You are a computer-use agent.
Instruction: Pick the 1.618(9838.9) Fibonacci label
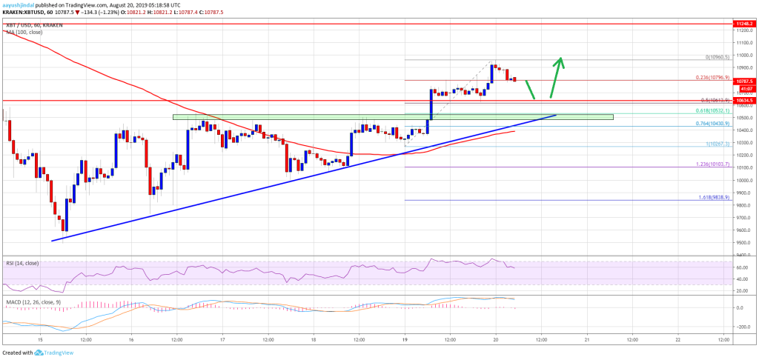tap(712, 197)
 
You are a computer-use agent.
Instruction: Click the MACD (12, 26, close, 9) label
tap(30, 295)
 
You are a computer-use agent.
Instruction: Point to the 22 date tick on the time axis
tap(677, 340)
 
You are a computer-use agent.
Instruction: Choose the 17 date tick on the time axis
tap(222, 340)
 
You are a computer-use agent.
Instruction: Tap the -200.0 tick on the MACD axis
tap(742, 325)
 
